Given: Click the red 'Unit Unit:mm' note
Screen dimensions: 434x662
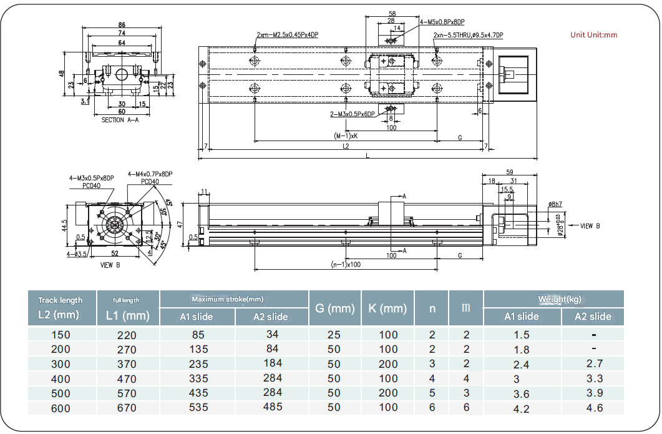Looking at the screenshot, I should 593,35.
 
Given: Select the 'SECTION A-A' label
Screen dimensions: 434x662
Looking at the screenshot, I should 120,121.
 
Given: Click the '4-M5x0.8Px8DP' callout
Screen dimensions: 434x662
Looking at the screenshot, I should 442,22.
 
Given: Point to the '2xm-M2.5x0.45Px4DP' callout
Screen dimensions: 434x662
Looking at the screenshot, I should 287,35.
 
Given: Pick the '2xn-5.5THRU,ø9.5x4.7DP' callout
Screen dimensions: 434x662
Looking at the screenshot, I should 469,35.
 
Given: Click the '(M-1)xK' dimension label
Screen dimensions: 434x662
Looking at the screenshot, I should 345,136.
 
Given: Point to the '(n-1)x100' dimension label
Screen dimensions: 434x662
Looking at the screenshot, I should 345,265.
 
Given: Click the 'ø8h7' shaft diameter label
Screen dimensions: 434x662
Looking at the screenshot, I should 556,204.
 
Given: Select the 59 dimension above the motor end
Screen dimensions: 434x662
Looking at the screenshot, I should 509,172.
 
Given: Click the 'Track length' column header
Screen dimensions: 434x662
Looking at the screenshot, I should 60,300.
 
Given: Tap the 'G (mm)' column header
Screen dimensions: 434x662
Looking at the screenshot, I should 334,308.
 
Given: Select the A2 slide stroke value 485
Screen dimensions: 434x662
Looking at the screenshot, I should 272,407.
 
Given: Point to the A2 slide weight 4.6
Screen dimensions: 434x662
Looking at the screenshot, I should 595,408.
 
